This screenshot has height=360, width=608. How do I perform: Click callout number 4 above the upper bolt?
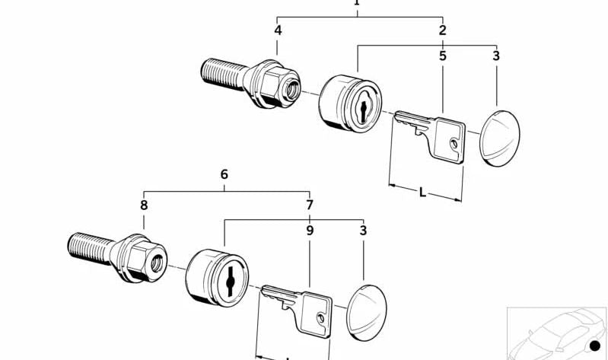pyautogui.click(x=278, y=30)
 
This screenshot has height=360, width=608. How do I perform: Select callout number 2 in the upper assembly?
pyautogui.click(x=442, y=30)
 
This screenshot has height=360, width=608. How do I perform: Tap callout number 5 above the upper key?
pyautogui.click(x=442, y=56)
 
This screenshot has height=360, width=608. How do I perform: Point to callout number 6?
pyautogui.click(x=224, y=174)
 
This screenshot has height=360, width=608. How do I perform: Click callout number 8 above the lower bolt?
pyautogui.click(x=144, y=205)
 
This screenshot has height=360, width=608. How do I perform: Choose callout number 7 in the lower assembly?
pyautogui.click(x=309, y=205)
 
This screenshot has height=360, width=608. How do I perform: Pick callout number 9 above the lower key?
pyautogui.click(x=310, y=230)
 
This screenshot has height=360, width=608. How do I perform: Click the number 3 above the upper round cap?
pyautogui.click(x=496, y=56)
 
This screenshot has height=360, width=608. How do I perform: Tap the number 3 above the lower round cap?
pyautogui.click(x=363, y=230)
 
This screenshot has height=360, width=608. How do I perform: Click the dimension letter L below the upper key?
pyautogui.click(x=423, y=192)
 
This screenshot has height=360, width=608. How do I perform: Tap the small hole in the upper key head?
pyautogui.click(x=454, y=142)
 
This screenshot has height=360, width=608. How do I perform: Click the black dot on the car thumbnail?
pyautogui.click(x=595, y=347)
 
